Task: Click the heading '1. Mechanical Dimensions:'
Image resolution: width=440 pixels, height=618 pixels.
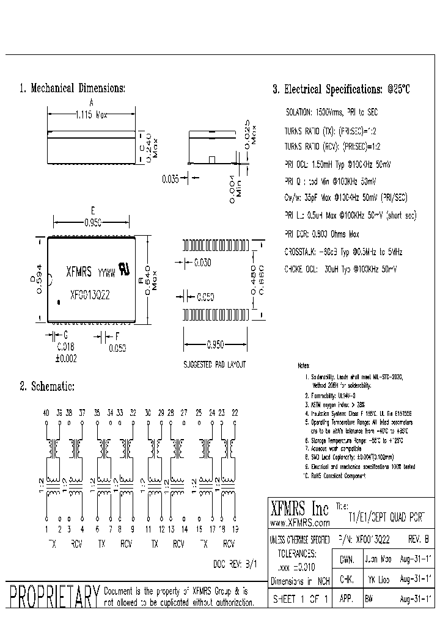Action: pyautogui.click(x=72, y=89)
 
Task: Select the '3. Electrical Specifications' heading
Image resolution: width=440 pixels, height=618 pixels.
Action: pyautogui.click(x=341, y=89)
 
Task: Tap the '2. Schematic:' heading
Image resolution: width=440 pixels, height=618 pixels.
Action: pyautogui.click(x=47, y=387)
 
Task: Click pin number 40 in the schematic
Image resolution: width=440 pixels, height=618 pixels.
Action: pyautogui.click(x=46, y=413)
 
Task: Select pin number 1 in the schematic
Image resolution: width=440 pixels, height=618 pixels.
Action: pyautogui.click(x=46, y=529)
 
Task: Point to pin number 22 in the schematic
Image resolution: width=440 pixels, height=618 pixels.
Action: pyautogui.click(x=235, y=413)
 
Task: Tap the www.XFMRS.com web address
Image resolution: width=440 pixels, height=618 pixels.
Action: pyautogui.click(x=299, y=523)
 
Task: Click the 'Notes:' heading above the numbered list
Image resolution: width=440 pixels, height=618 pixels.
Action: pyautogui.click(x=303, y=366)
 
